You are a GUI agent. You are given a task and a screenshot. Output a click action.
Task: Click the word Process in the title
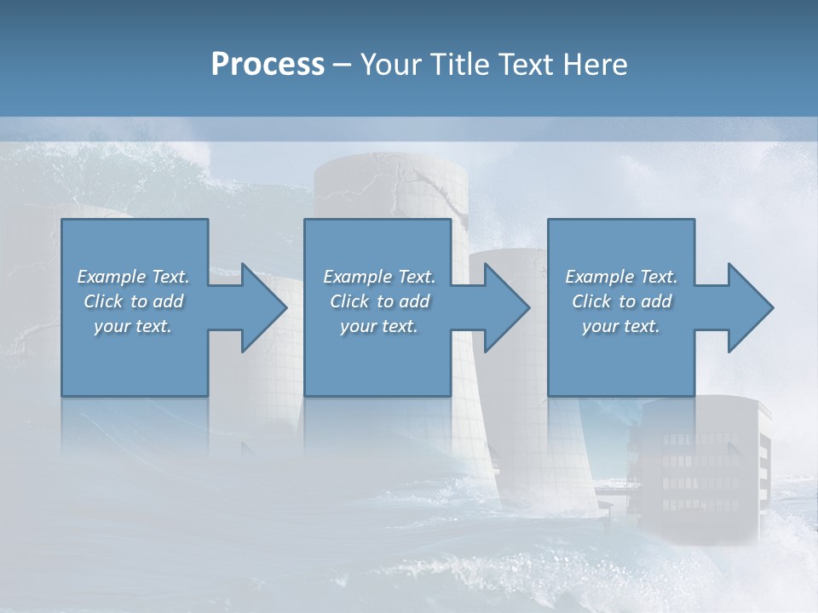(268, 65)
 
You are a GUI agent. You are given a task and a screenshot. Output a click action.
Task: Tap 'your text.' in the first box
(133, 326)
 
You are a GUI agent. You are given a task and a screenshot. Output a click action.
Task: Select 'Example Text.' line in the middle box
(379, 277)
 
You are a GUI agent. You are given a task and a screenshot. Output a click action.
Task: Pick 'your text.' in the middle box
(379, 326)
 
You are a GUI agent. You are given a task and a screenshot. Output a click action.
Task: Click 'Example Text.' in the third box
(621, 277)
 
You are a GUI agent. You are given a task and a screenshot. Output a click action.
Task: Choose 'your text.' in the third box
(621, 326)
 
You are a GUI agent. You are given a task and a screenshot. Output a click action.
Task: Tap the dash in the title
(343, 66)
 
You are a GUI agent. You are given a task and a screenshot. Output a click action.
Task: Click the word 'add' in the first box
(168, 301)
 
